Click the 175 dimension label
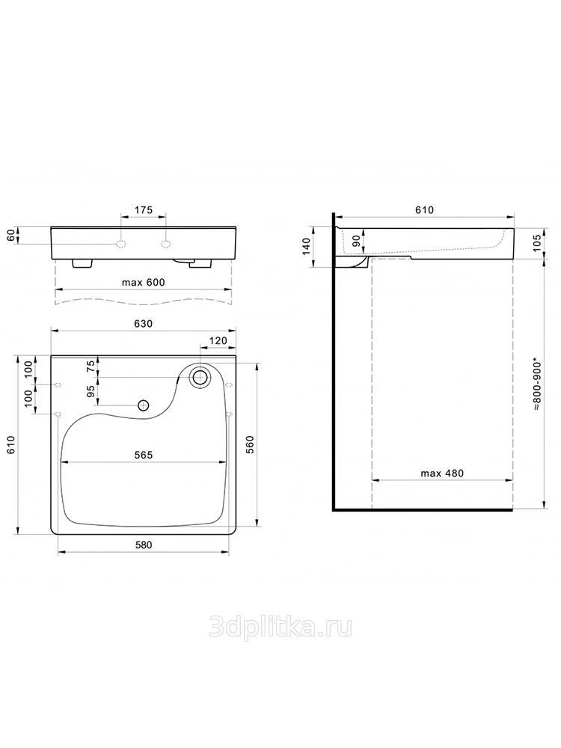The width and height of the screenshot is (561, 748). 143,210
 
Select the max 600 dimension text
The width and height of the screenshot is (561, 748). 143,283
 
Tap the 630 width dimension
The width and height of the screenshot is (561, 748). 143,323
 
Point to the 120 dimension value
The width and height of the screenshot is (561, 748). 218,342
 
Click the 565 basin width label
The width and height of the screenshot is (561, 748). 143,455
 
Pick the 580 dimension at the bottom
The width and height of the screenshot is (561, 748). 143,545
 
